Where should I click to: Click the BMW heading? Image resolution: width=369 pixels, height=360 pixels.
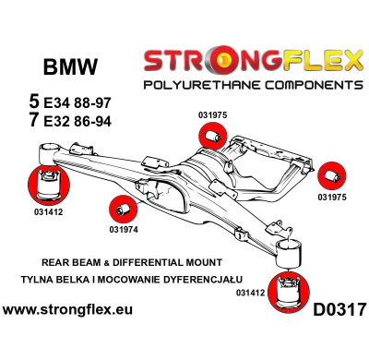(69, 67)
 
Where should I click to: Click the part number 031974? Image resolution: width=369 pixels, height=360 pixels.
(124, 229)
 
